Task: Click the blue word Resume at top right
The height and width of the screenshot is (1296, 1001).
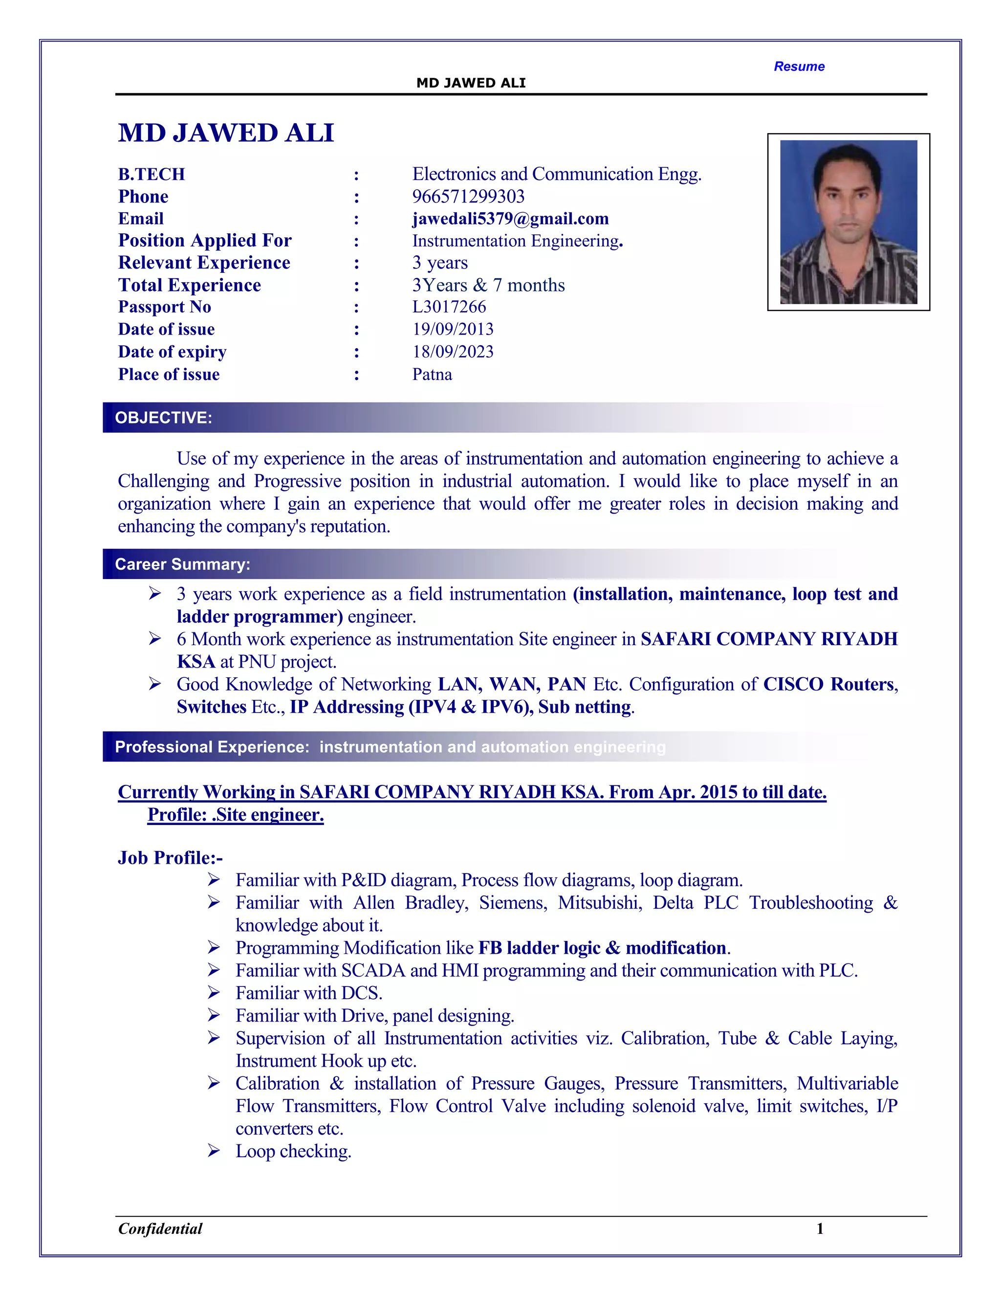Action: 798,67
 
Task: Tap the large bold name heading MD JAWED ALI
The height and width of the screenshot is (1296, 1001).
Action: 226,133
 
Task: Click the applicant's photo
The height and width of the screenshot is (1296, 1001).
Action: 848,222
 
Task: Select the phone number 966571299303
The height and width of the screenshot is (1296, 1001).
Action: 468,197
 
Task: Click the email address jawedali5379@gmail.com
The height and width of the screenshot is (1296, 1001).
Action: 510,219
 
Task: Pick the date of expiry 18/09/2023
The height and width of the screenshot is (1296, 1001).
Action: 453,352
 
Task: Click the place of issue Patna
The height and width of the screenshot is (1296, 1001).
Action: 432,375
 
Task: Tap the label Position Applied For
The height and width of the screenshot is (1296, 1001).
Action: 205,240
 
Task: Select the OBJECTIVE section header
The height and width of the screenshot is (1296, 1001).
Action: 164,418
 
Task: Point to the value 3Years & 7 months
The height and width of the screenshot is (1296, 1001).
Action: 488,286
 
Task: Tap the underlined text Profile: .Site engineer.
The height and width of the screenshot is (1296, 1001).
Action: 236,815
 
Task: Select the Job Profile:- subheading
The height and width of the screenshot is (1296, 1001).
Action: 170,858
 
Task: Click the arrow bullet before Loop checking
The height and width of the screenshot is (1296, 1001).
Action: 214,1151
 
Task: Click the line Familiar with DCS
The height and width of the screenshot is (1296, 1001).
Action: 308,993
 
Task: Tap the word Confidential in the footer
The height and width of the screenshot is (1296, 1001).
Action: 160,1229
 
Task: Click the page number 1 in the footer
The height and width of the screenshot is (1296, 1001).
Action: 820,1229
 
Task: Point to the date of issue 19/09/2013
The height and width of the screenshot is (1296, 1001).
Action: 453,329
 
